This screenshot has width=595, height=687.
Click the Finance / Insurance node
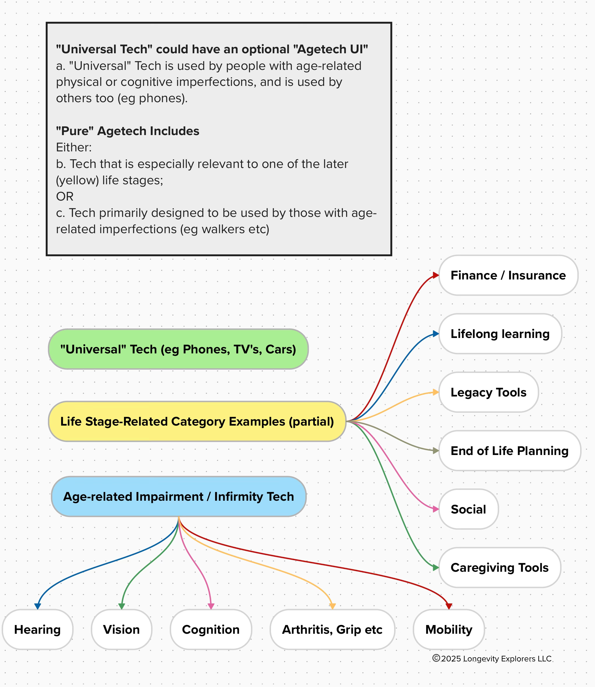click(508, 275)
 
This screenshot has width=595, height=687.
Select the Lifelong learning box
click(500, 334)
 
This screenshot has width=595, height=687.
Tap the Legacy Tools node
click(488, 392)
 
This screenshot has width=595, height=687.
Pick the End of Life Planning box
click(510, 451)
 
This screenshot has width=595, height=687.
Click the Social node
click(468, 509)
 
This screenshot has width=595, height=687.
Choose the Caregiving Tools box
click(500, 567)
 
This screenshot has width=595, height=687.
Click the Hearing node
click(38, 630)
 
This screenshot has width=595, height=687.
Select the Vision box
click(121, 630)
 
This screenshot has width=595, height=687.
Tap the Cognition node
click(211, 630)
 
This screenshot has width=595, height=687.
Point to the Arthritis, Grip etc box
click(332, 630)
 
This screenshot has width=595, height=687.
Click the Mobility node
click(449, 630)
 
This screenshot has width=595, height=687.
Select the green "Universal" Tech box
click(178, 349)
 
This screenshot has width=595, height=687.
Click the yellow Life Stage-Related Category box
click(197, 421)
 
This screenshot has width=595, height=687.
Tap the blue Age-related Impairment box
click(179, 496)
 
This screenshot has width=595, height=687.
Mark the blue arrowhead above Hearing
click(38, 606)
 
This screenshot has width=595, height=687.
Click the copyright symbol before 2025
click(436, 658)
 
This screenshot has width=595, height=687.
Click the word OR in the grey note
click(65, 196)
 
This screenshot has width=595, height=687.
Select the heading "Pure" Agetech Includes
click(127, 131)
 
